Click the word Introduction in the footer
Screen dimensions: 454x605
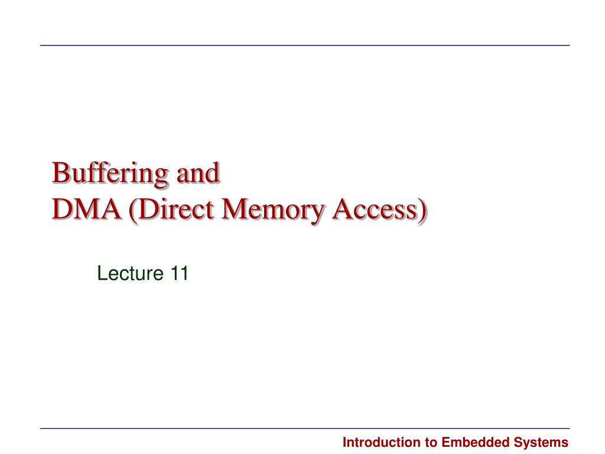[379, 442]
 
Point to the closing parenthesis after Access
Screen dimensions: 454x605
[421, 210]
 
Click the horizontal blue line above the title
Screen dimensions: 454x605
[305, 46]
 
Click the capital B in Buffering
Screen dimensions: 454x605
[59, 173]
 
